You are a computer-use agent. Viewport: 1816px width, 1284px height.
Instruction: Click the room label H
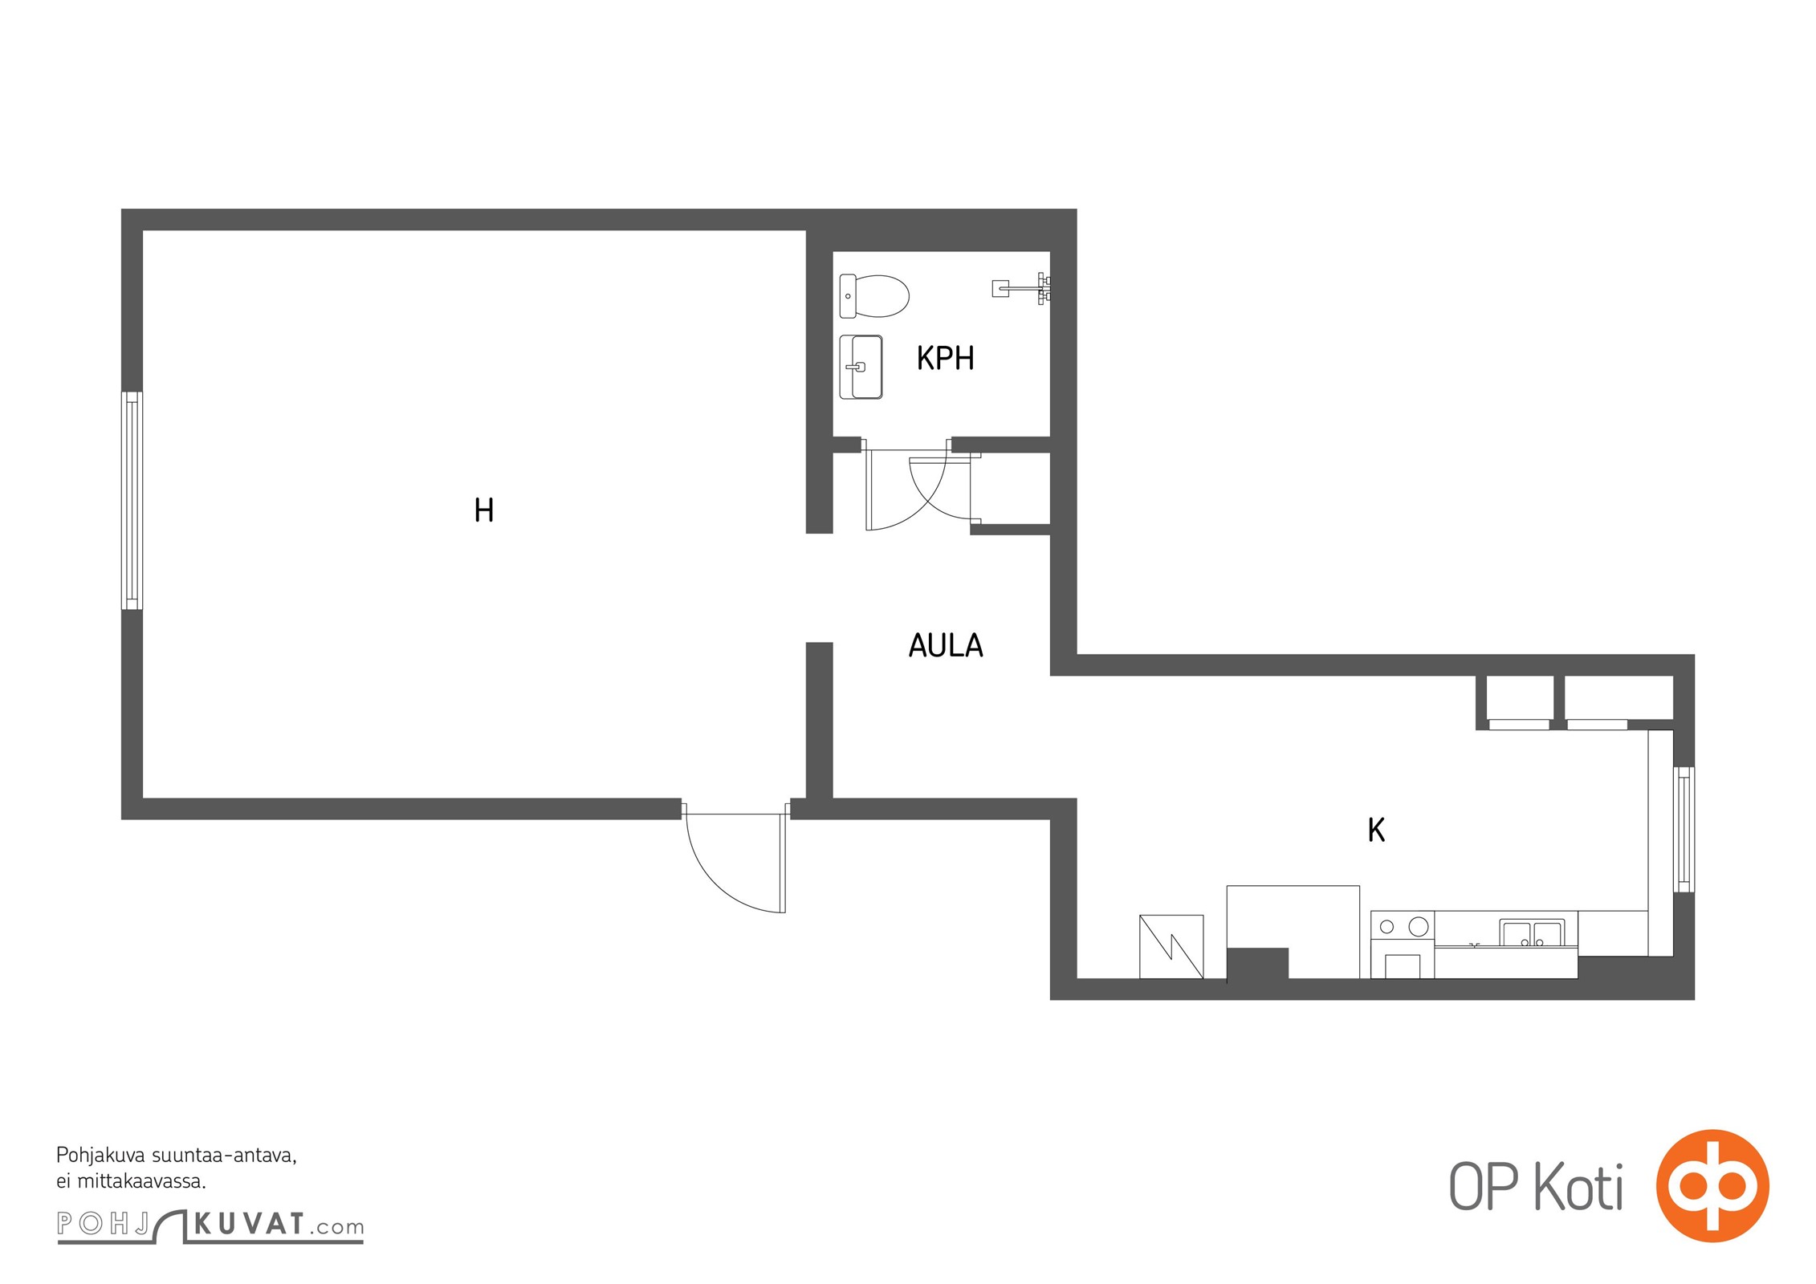click(x=483, y=510)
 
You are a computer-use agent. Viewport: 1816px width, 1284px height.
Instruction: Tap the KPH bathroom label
click(x=945, y=358)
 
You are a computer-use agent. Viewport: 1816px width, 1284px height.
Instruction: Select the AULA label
click(x=946, y=645)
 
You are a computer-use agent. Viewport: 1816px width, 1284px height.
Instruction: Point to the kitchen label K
click(x=1376, y=830)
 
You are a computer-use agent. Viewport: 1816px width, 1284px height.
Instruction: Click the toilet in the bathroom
click(x=873, y=296)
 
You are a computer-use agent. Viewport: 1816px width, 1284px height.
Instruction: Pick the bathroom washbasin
click(x=861, y=367)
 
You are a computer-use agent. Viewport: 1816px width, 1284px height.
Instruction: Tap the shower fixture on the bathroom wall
click(x=1022, y=288)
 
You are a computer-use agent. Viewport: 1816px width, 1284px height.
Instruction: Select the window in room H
click(x=132, y=500)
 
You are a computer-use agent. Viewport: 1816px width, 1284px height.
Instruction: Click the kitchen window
click(x=1684, y=829)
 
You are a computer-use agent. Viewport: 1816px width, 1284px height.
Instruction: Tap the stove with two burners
click(x=1403, y=926)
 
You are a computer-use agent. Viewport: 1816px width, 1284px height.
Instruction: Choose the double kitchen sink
click(x=1533, y=933)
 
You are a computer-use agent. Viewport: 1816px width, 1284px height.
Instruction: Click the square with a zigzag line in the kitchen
click(x=1171, y=947)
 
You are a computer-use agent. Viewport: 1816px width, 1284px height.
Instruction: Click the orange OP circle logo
click(x=1712, y=1185)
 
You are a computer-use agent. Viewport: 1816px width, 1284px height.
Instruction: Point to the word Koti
click(x=1579, y=1186)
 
